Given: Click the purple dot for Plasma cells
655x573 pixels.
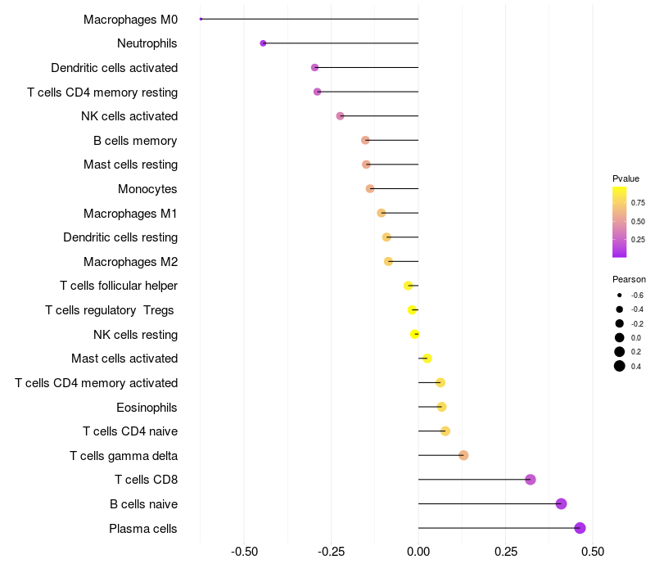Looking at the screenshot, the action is (x=580, y=528).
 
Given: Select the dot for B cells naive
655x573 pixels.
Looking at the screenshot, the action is (x=561, y=503).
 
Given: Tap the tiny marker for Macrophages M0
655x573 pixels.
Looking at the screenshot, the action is (x=201, y=19).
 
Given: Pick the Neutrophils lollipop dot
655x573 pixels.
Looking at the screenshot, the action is (x=263, y=43).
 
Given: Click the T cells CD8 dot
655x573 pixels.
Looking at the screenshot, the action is (x=530, y=480).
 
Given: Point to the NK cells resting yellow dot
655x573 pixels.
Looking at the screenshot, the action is (x=414, y=334).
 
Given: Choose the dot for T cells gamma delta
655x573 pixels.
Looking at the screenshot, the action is (x=463, y=455).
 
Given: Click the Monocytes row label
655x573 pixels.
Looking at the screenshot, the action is (x=147, y=189).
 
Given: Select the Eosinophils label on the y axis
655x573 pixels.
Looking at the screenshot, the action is (x=147, y=408).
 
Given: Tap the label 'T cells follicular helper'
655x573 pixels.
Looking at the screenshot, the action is (x=119, y=286).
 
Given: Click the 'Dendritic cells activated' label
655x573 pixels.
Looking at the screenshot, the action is (x=115, y=68).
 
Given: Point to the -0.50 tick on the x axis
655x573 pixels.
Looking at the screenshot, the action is (x=244, y=552).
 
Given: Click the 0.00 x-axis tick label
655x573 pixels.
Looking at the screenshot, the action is (x=418, y=552).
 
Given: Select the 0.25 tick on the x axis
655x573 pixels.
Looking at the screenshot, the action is (x=505, y=552).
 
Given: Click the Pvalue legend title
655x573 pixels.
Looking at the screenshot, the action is (x=626, y=178).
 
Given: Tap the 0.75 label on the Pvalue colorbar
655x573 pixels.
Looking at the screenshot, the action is (x=638, y=203).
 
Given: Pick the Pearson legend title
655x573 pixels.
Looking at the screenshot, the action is (x=629, y=279).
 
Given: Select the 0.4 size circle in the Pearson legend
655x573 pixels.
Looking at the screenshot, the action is (x=620, y=366).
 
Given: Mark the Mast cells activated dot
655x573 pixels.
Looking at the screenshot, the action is (x=427, y=359).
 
